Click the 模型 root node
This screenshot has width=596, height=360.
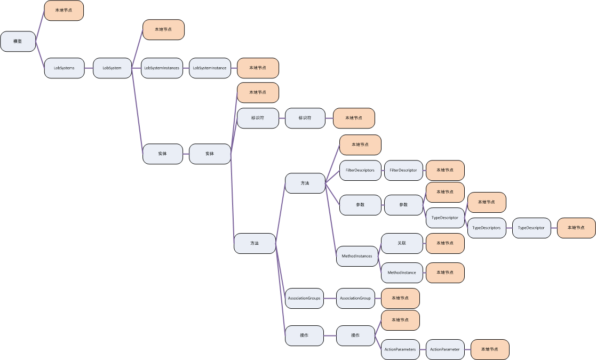(18, 42)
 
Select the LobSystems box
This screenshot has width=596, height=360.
(64, 68)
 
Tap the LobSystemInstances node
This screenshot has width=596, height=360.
(162, 68)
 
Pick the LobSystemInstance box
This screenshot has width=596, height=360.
(209, 68)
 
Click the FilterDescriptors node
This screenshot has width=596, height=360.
(360, 170)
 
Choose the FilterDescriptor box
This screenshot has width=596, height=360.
(403, 170)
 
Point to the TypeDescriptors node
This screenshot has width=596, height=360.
(487, 228)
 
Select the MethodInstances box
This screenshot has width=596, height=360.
(357, 256)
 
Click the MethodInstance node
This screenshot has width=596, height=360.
(402, 273)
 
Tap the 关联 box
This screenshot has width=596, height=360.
(402, 243)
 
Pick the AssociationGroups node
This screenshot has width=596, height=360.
(304, 298)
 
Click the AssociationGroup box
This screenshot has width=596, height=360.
(355, 298)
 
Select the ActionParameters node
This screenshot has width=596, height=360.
(400, 349)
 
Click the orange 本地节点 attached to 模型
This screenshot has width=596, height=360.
(64, 11)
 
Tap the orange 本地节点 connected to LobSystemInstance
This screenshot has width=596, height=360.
(258, 68)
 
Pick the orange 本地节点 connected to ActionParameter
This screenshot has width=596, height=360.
(490, 349)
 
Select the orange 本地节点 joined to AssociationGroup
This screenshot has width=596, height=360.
(400, 298)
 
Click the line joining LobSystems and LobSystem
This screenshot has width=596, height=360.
(89, 68)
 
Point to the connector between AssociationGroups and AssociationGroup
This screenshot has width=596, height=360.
(330, 298)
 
